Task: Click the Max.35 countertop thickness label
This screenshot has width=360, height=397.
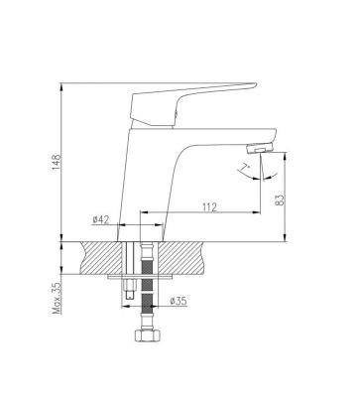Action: click(x=58, y=296)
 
